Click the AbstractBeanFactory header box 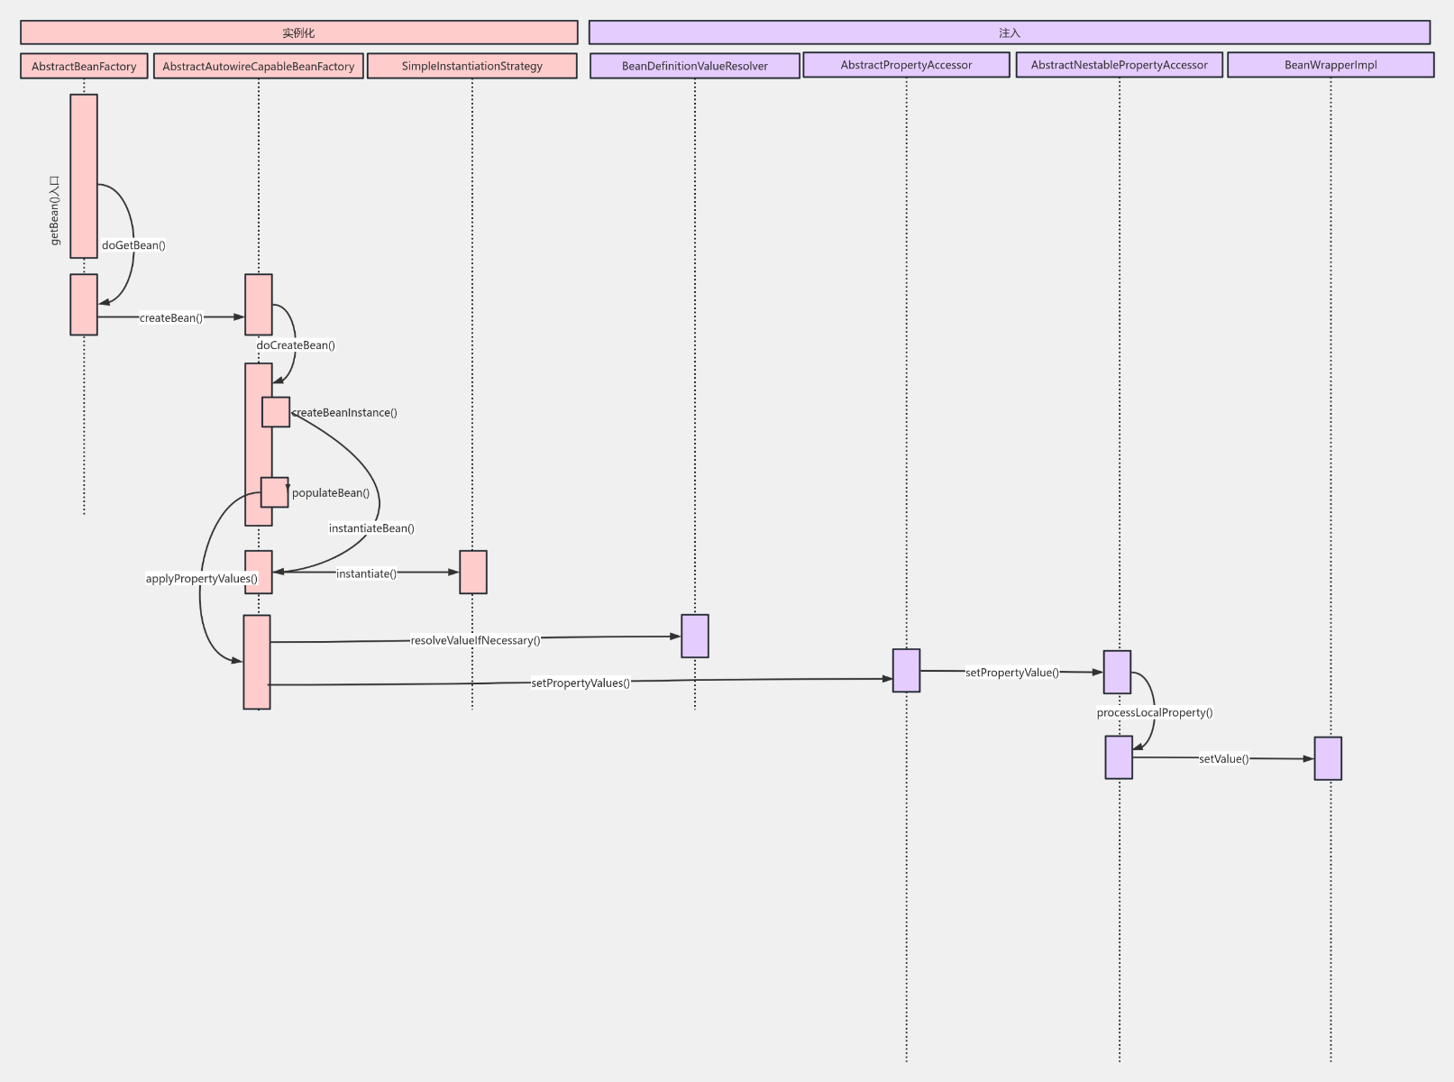click(x=84, y=67)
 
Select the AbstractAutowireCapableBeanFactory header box click(x=259, y=67)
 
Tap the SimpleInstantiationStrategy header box click(x=472, y=67)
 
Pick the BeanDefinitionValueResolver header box click(x=695, y=67)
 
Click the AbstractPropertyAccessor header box click(x=906, y=66)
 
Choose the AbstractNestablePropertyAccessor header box click(x=1120, y=66)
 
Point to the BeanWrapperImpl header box click(x=1331, y=66)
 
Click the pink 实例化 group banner click(x=298, y=33)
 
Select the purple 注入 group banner click(x=1010, y=33)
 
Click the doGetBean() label click(x=133, y=245)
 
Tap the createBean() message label click(x=171, y=318)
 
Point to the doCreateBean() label click(x=296, y=345)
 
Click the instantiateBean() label click(x=371, y=528)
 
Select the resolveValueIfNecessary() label click(x=475, y=641)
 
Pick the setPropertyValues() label click(x=581, y=683)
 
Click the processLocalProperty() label click(x=1155, y=713)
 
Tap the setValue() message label click(x=1224, y=759)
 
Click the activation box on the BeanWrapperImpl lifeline click(x=1328, y=758)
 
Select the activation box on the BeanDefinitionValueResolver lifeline click(x=695, y=637)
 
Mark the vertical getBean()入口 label click(x=55, y=211)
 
